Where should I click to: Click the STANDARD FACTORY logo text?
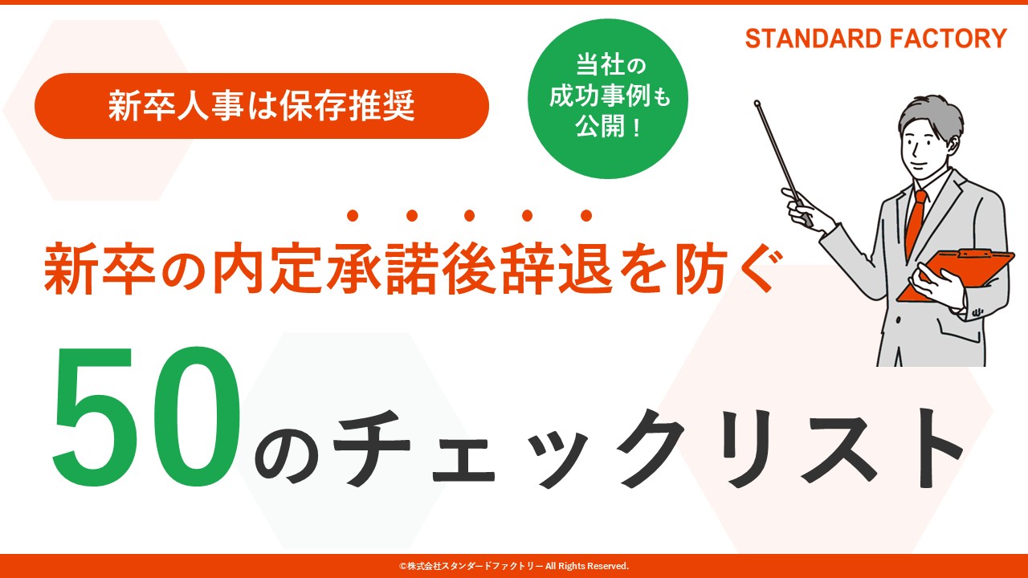(x=875, y=39)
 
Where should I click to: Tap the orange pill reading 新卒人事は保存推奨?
(x=262, y=106)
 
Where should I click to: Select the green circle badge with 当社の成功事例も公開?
(x=608, y=99)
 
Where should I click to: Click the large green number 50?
(x=147, y=416)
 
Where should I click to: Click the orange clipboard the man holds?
(x=956, y=275)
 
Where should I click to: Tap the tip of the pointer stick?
(x=757, y=104)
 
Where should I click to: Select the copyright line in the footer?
(x=513, y=566)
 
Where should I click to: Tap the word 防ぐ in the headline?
(x=725, y=269)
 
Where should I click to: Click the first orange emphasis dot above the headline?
(x=353, y=215)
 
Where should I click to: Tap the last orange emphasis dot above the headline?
(x=586, y=215)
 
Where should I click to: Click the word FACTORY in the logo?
(x=948, y=39)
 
